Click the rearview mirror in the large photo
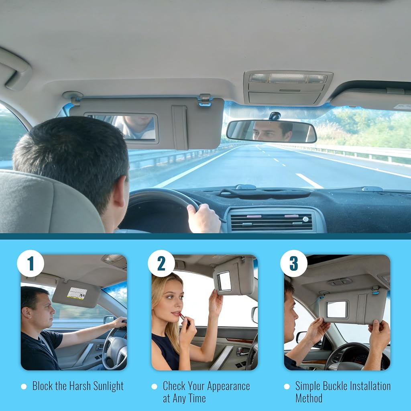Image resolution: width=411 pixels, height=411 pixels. (x=271, y=131)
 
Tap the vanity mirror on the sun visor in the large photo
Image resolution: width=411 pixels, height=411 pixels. (x=122, y=128)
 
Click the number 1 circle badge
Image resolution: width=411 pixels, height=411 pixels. (x=31, y=263)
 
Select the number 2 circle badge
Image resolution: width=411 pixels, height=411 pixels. (x=161, y=263)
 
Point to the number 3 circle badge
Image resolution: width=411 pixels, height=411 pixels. (x=293, y=263)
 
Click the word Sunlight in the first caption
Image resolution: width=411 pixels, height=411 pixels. (x=108, y=386)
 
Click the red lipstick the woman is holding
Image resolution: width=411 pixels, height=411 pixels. (x=185, y=317)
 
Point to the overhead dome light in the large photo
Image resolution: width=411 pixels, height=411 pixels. (x=288, y=78)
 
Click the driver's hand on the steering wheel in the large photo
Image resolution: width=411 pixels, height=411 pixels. (x=204, y=218)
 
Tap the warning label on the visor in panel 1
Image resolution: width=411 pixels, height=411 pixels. (x=77, y=293)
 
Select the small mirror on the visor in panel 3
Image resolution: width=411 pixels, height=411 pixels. (x=337, y=309)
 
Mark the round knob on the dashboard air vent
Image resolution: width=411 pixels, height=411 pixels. (x=305, y=219)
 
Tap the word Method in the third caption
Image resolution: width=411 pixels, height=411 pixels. (x=309, y=398)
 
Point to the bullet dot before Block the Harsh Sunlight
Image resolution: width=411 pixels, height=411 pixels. (x=24, y=387)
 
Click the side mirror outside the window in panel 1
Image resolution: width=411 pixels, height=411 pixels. (x=109, y=319)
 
